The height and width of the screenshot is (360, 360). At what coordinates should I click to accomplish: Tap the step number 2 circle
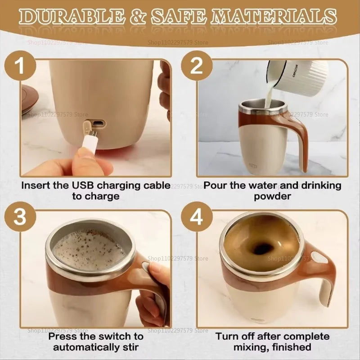197,66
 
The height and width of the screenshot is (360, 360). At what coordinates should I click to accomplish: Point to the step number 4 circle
197,219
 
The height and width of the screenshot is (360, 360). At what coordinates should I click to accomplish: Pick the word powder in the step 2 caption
273,196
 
